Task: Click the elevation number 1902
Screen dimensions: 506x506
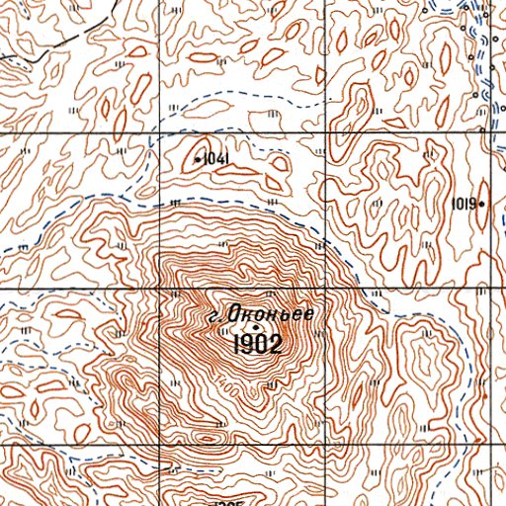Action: (258, 345)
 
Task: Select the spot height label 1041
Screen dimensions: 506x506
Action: (215, 158)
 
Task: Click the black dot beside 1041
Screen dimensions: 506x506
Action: (198, 159)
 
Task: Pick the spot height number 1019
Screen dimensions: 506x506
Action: (463, 205)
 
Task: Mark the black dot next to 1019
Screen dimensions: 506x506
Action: (481, 205)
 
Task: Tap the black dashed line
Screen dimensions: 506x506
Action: (30, 54)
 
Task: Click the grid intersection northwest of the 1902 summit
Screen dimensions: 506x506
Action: (160, 288)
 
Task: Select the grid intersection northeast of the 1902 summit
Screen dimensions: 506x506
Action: (325, 288)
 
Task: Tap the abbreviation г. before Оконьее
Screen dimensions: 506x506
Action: (212, 317)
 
